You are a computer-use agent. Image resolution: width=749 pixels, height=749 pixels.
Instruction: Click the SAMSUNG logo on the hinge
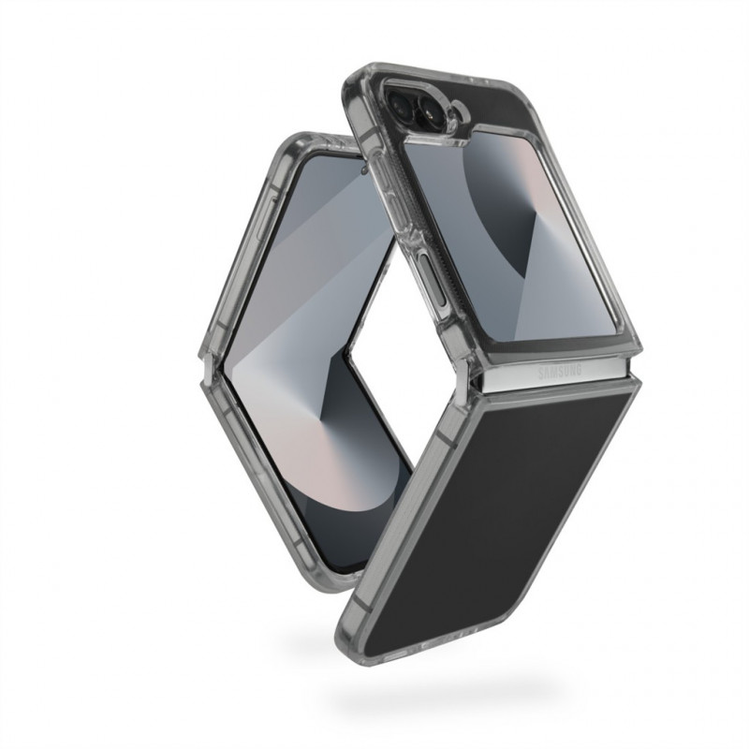pos(560,372)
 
